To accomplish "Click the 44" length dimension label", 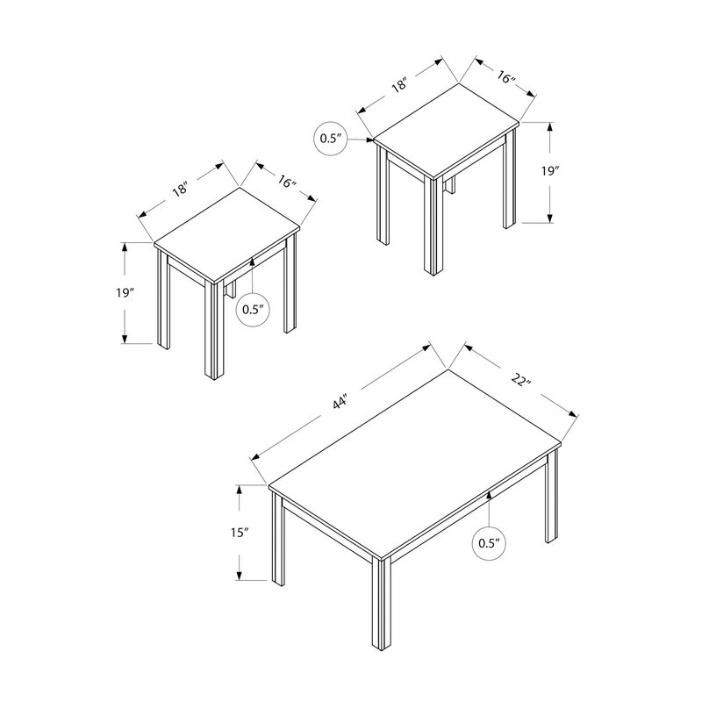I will coord(340,402).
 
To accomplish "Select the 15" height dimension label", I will coord(240,533).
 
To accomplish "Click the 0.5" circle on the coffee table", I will coord(489,542).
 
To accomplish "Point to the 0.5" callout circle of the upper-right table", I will coord(331,139).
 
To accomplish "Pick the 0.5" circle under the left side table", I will coord(253,310).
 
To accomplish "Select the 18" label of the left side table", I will coord(181,189).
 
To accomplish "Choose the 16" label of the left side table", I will coord(287,185).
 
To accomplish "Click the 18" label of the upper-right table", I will coord(399,85).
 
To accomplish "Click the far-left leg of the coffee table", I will coord(277,540).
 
